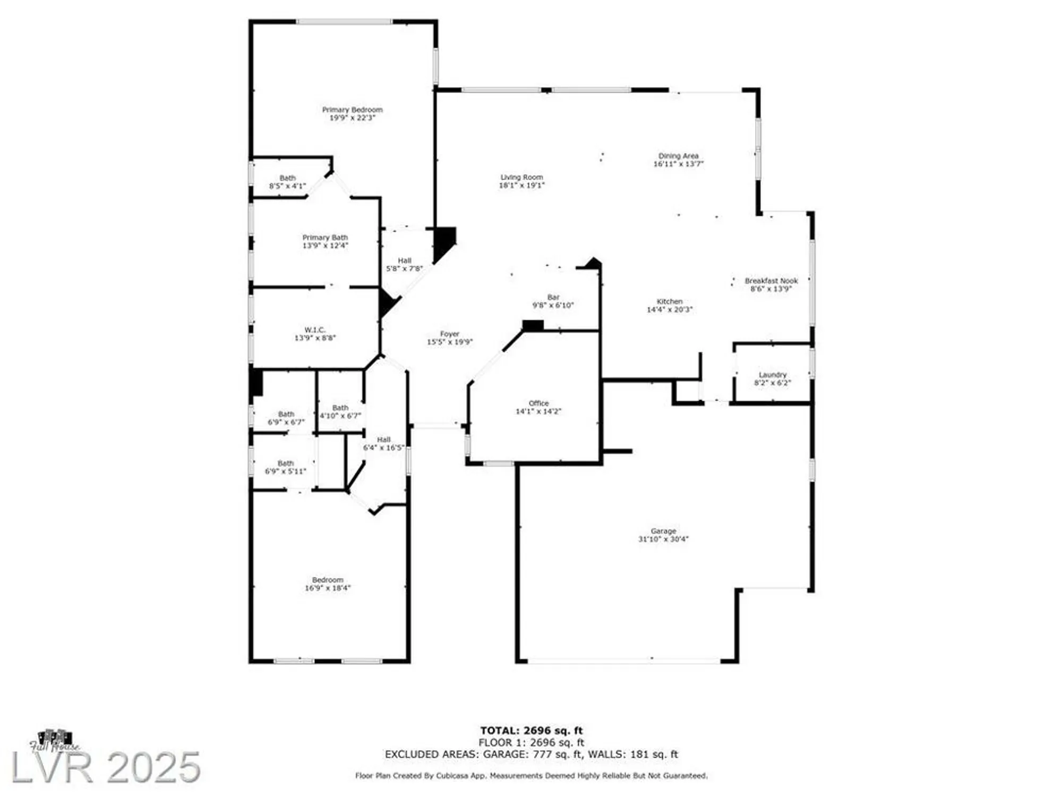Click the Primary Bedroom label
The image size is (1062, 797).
point(352,110)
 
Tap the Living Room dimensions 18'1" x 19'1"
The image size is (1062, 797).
point(521,185)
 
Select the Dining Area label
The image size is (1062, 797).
point(678,156)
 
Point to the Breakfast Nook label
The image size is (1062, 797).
point(771,281)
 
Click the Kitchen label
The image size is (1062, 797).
point(669,301)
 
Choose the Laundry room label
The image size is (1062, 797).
point(772,375)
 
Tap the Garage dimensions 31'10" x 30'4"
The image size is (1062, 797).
point(663,539)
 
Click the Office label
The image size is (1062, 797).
point(538,403)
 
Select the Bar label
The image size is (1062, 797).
point(553,298)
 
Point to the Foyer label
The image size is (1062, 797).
point(449,334)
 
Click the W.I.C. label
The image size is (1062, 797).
point(315,330)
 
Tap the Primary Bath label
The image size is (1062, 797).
point(325,238)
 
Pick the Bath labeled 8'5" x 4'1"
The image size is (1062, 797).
point(287,182)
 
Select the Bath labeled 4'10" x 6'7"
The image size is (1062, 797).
point(340,412)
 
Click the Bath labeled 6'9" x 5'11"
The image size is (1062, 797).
point(286,468)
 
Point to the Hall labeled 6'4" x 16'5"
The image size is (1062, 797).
point(383,444)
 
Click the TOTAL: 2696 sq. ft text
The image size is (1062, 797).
point(531,731)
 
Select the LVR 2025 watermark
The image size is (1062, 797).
point(106,767)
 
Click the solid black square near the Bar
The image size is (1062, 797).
point(533,326)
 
